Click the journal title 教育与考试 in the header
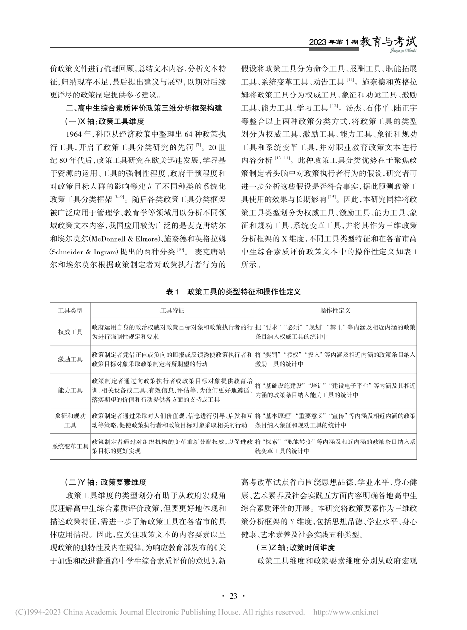pos(388,42)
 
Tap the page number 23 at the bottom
pos(233,596)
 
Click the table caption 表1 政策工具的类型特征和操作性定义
pos(233,292)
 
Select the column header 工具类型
pos(70,311)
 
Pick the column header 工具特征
pos(172,311)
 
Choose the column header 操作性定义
pos(335,311)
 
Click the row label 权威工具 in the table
pos(70,332)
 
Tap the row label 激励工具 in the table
pos(70,360)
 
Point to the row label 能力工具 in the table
pos(70,390)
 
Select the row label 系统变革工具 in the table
pos(70,446)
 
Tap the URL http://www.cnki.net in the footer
pos(346,612)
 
